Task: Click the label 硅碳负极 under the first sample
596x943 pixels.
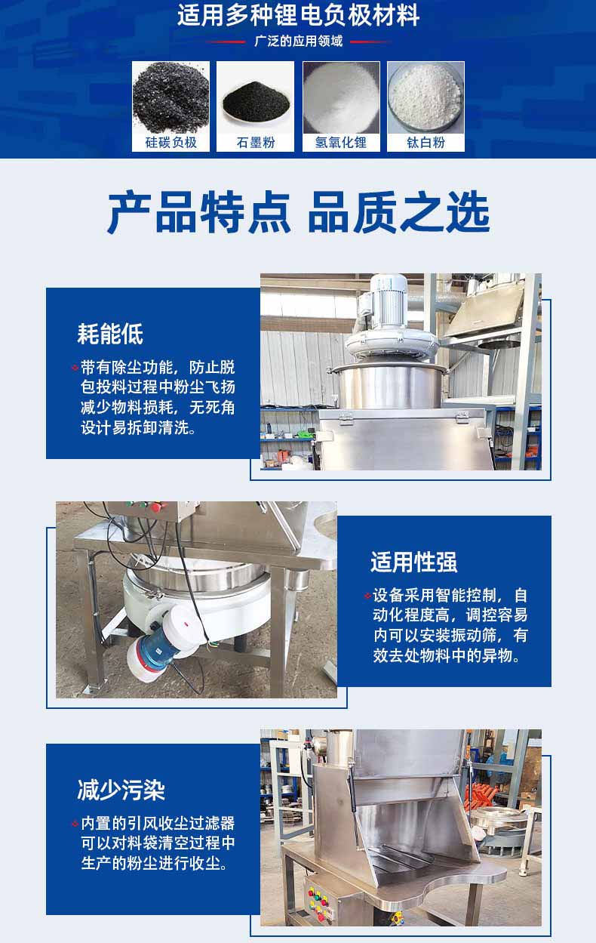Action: [x=171, y=143]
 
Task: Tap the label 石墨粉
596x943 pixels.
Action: [x=255, y=143]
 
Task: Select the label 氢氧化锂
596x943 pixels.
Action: [x=341, y=143]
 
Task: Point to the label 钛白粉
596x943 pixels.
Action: [x=425, y=143]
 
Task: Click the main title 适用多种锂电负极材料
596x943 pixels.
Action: [x=298, y=15]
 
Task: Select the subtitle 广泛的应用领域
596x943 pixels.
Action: [x=298, y=42]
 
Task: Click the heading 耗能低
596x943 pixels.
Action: [x=110, y=334]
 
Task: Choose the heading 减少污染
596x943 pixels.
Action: [x=121, y=790]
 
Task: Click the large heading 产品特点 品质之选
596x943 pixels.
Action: [x=298, y=211]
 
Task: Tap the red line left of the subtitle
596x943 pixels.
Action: [x=226, y=42]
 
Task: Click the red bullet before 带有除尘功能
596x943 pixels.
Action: [x=75, y=368]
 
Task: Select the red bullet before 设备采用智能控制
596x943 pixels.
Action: [x=367, y=595]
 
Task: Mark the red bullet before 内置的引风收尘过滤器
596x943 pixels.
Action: [x=75, y=824]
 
